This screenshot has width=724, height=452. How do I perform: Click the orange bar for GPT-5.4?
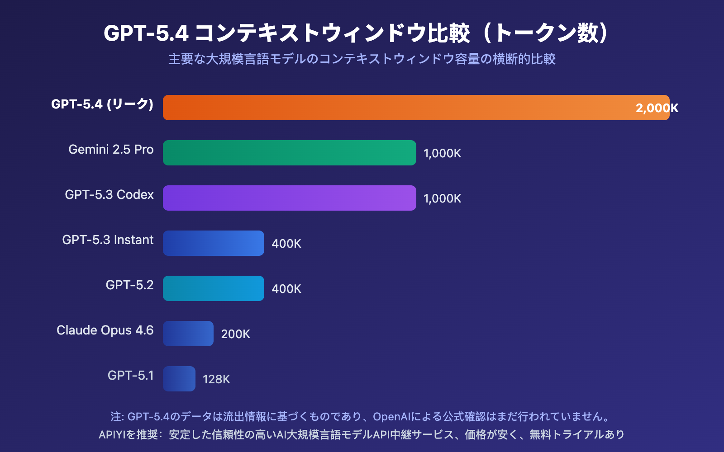tap(407, 108)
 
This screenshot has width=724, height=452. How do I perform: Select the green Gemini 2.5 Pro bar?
tap(290, 153)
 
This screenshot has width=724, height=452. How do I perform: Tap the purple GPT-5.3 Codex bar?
tap(290, 198)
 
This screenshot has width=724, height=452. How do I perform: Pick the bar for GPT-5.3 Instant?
tap(214, 243)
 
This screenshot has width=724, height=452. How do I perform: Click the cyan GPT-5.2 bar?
tap(214, 288)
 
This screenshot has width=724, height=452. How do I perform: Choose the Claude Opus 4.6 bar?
tap(188, 334)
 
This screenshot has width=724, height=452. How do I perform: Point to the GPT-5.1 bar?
tap(179, 379)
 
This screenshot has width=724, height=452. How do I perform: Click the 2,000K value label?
tap(657, 108)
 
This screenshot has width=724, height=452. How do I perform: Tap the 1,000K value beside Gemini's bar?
tap(442, 153)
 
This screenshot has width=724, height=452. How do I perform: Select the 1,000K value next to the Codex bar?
tap(442, 198)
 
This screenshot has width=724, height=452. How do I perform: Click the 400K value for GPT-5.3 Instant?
tap(286, 244)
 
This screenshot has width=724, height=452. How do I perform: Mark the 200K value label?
tap(235, 334)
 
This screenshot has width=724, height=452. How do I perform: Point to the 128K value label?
tap(216, 379)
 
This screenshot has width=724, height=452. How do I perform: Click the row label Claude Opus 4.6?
tap(105, 330)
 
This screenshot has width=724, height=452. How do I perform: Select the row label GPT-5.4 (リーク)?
tap(102, 104)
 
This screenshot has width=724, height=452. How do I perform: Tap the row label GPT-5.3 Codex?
tap(109, 195)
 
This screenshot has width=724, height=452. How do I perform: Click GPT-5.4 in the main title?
tap(146, 33)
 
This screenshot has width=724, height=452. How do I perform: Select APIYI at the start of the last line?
tap(112, 435)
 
